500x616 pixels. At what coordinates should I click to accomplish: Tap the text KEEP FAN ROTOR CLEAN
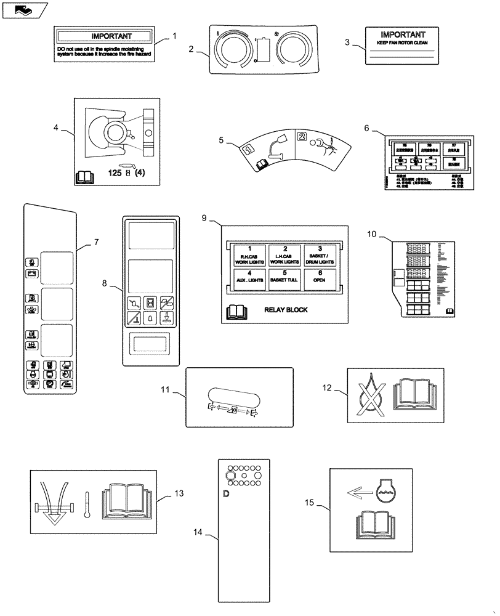[x=402, y=44]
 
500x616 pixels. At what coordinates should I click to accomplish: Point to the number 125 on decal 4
[x=115, y=174]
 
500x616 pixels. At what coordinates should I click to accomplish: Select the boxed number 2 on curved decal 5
[x=302, y=136]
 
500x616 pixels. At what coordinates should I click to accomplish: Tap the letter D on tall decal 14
[x=226, y=494]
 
